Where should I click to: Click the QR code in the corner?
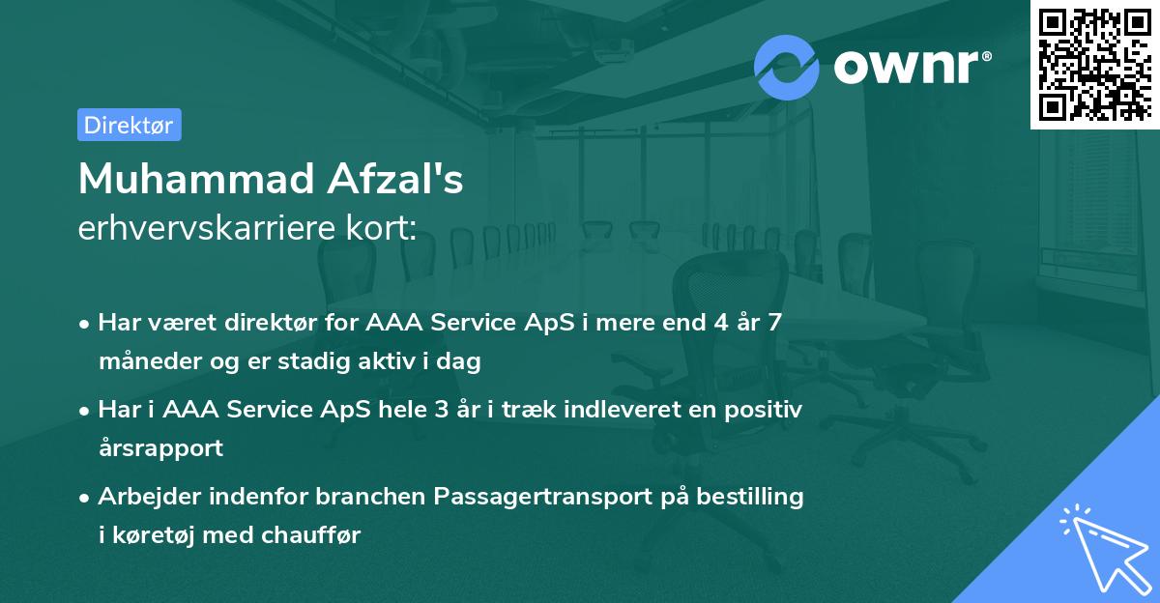(1094, 63)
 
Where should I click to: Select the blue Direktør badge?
(129, 125)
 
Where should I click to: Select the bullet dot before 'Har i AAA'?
(85, 411)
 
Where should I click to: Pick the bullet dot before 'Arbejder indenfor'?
(85, 498)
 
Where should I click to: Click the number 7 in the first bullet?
(773, 323)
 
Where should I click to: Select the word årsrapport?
(160, 448)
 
